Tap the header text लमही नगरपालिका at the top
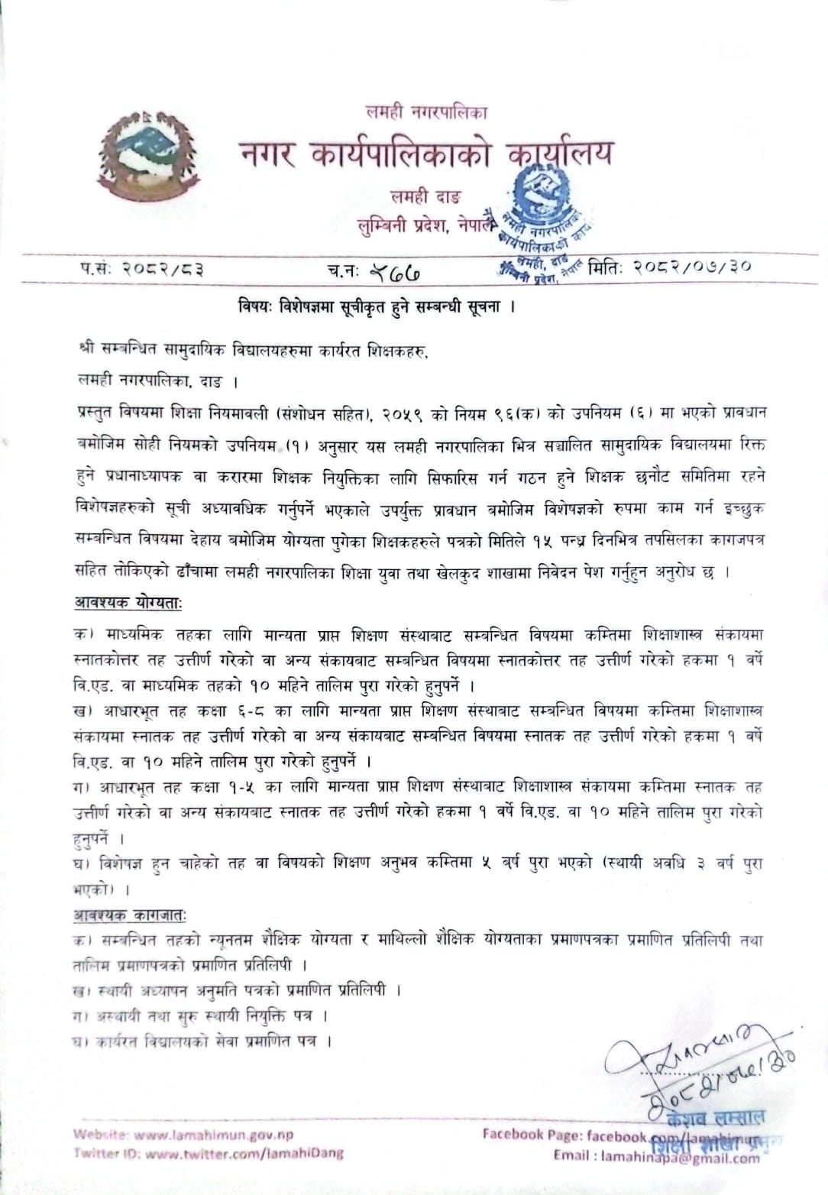point(426,112)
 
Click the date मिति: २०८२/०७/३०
point(670,267)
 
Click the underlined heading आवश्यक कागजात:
point(129,914)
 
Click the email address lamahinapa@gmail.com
point(680,1158)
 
